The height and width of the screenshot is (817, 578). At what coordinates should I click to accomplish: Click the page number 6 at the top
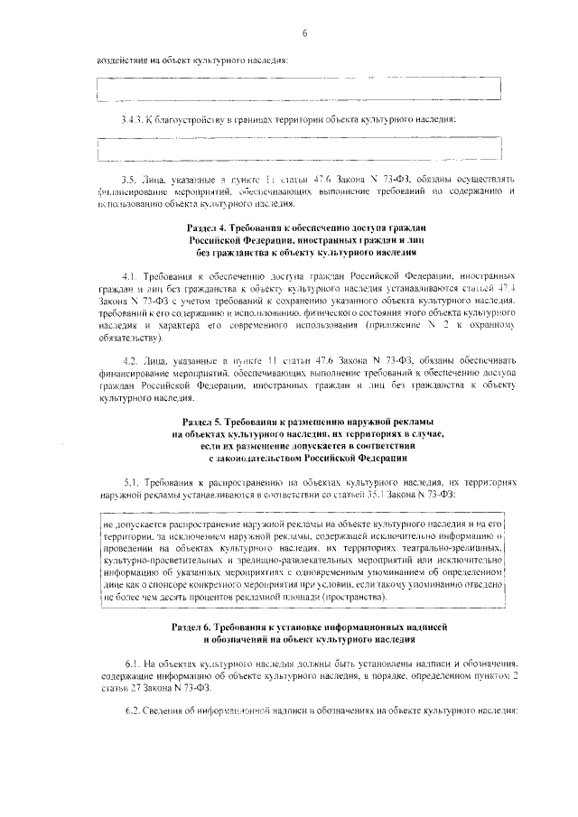point(305,33)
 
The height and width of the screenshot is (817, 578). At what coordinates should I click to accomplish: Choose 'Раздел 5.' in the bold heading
point(204,422)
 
